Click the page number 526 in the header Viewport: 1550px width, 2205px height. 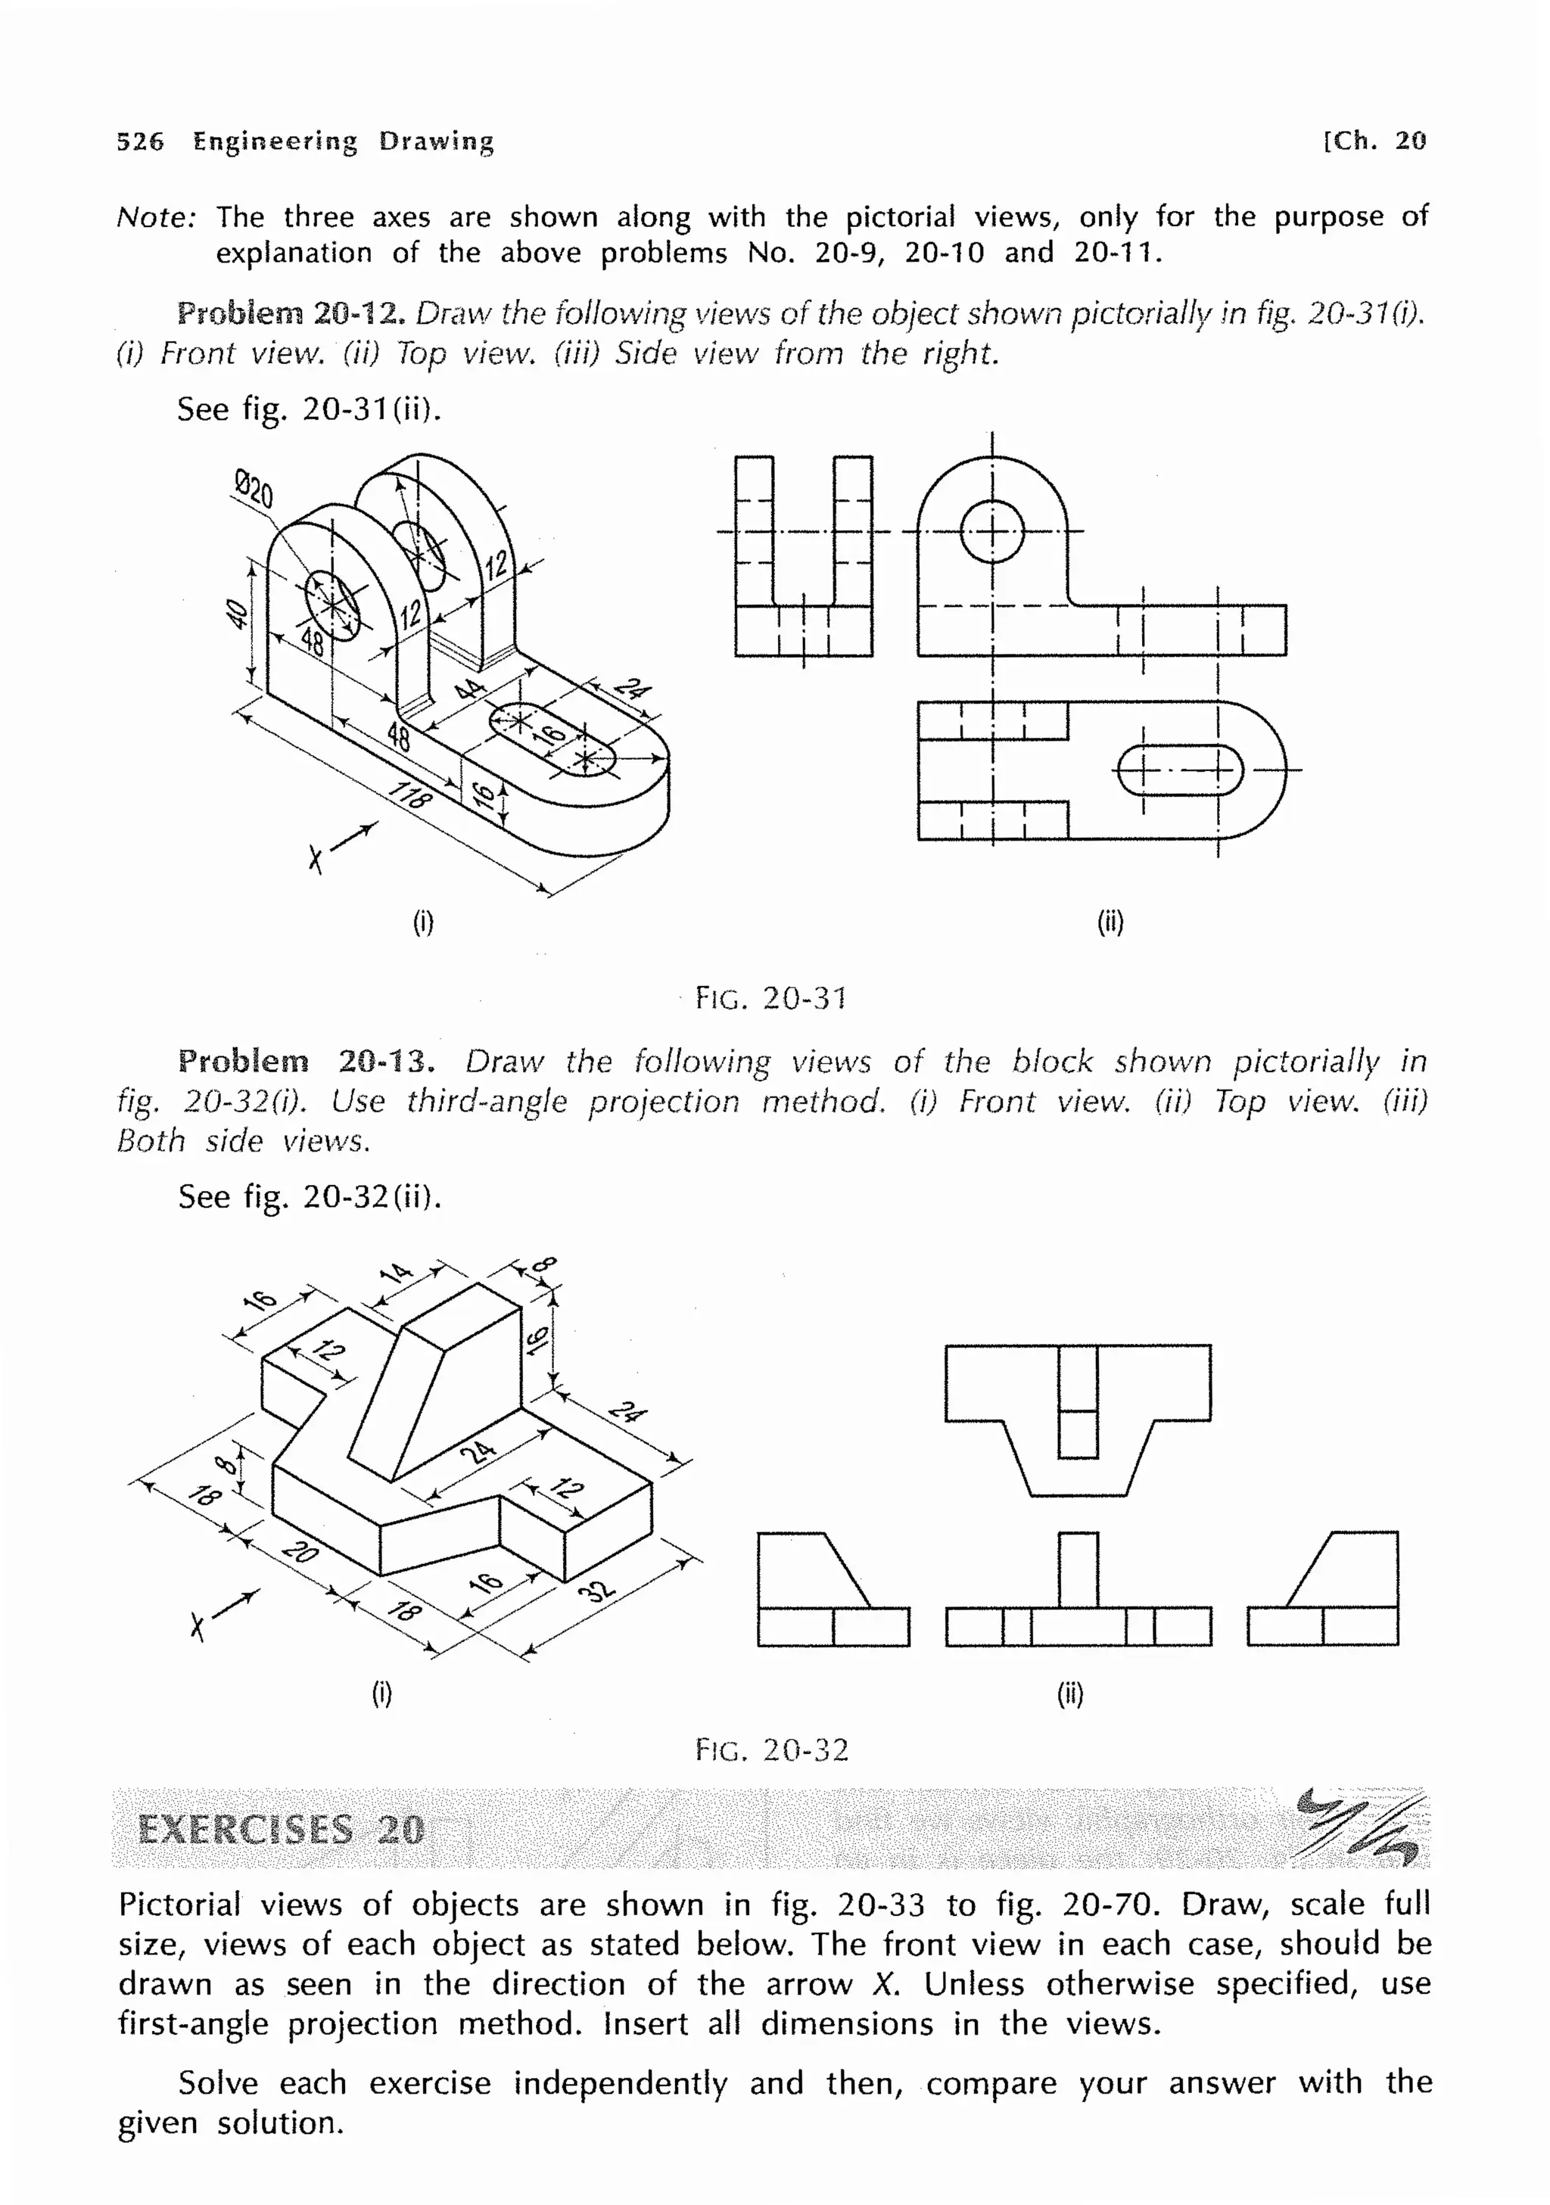point(140,142)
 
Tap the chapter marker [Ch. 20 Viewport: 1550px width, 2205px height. point(1374,142)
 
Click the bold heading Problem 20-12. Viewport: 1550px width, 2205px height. point(292,313)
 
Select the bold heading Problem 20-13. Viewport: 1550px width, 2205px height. point(307,1061)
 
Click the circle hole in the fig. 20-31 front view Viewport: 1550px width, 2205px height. point(992,531)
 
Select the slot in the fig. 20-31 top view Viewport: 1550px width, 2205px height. point(1180,770)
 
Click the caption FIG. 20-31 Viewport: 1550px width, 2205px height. point(770,999)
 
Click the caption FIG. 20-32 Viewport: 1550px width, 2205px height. point(772,1749)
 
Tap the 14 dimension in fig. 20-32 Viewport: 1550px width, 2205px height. point(396,1274)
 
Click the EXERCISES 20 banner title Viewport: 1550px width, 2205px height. point(281,1830)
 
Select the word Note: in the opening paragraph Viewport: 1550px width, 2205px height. point(157,218)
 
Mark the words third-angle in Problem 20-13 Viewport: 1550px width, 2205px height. point(486,1102)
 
